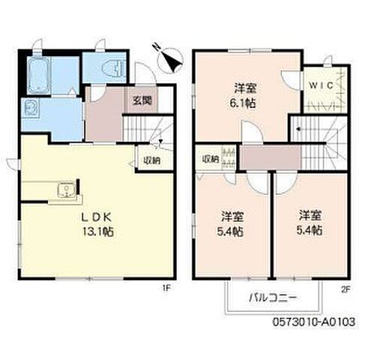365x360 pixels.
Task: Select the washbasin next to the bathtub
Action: pyautogui.click(x=33, y=106)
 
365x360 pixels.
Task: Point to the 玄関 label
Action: pyautogui.click(x=143, y=100)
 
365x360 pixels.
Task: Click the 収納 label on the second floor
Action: pyautogui.click(x=209, y=159)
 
